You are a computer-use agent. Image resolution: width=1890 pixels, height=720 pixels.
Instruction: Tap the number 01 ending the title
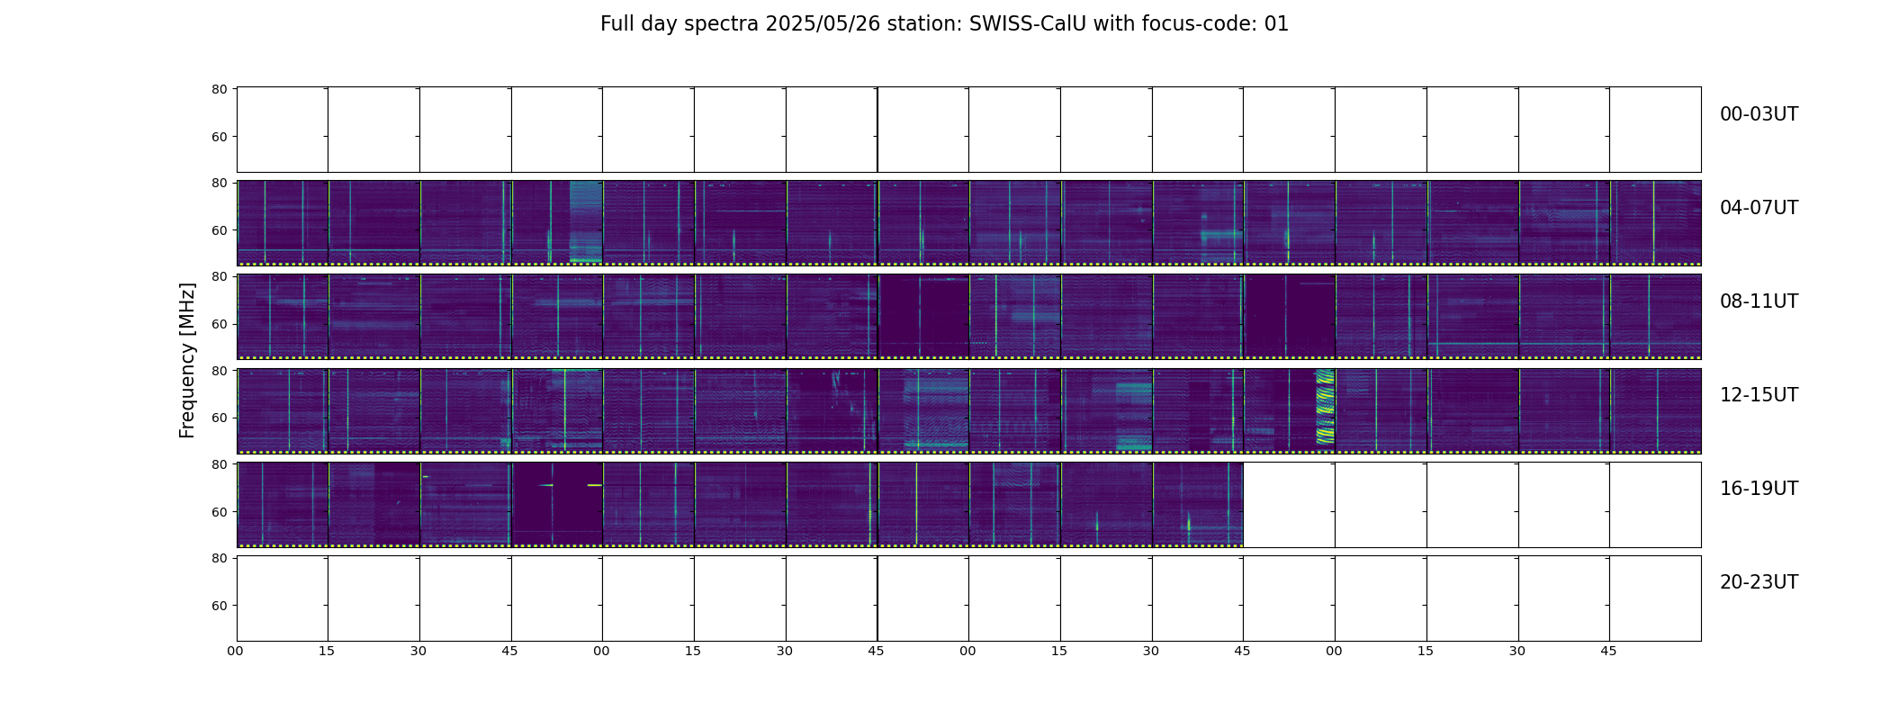pyautogui.click(x=1276, y=24)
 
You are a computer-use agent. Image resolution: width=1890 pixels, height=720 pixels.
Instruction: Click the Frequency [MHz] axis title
pyautogui.click(x=187, y=360)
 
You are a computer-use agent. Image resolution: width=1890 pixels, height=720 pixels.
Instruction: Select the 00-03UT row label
pyautogui.click(x=1759, y=114)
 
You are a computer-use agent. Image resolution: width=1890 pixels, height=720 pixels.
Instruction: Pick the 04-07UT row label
pyautogui.click(x=1759, y=208)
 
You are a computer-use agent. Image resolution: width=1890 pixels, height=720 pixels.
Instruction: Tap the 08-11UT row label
pyautogui.click(x=1759, y=301)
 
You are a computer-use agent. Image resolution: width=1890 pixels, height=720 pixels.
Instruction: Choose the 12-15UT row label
pyautogui.click(x=1759, y=395)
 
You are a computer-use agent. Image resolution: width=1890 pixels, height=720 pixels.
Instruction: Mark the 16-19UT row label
pyautogui.click(x=1759, y=489)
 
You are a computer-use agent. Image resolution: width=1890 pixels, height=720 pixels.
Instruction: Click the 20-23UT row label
pyautogui.click(x=1759, y=582)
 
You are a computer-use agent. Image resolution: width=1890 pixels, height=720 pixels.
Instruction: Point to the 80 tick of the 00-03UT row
pyautogui.click(x=219, y=89)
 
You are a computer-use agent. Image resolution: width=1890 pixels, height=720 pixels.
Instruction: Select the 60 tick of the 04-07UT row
pyautogui.click(x=219, y=230)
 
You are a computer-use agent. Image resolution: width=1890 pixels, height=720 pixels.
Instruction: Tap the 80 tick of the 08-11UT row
pyautogui.click(x=219, y=276)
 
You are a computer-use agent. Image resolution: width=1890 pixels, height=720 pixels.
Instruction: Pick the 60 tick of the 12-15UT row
pyautogui.click(x=219, y=418)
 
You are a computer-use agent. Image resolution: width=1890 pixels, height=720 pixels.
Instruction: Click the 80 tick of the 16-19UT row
pyautogui.click(x=219, y=464)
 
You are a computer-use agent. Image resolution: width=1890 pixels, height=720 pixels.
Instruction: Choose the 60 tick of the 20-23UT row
pyautogui.click(x=219, y=606)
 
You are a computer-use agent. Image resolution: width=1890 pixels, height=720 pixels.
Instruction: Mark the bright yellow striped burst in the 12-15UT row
pyautogui.click(x=1325, y=408)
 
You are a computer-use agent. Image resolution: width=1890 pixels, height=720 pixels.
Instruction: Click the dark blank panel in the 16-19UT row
pyautogui.click(x=557, y=503)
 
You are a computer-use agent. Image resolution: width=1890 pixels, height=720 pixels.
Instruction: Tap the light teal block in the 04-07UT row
pyautogui.click(x=586, y=221)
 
